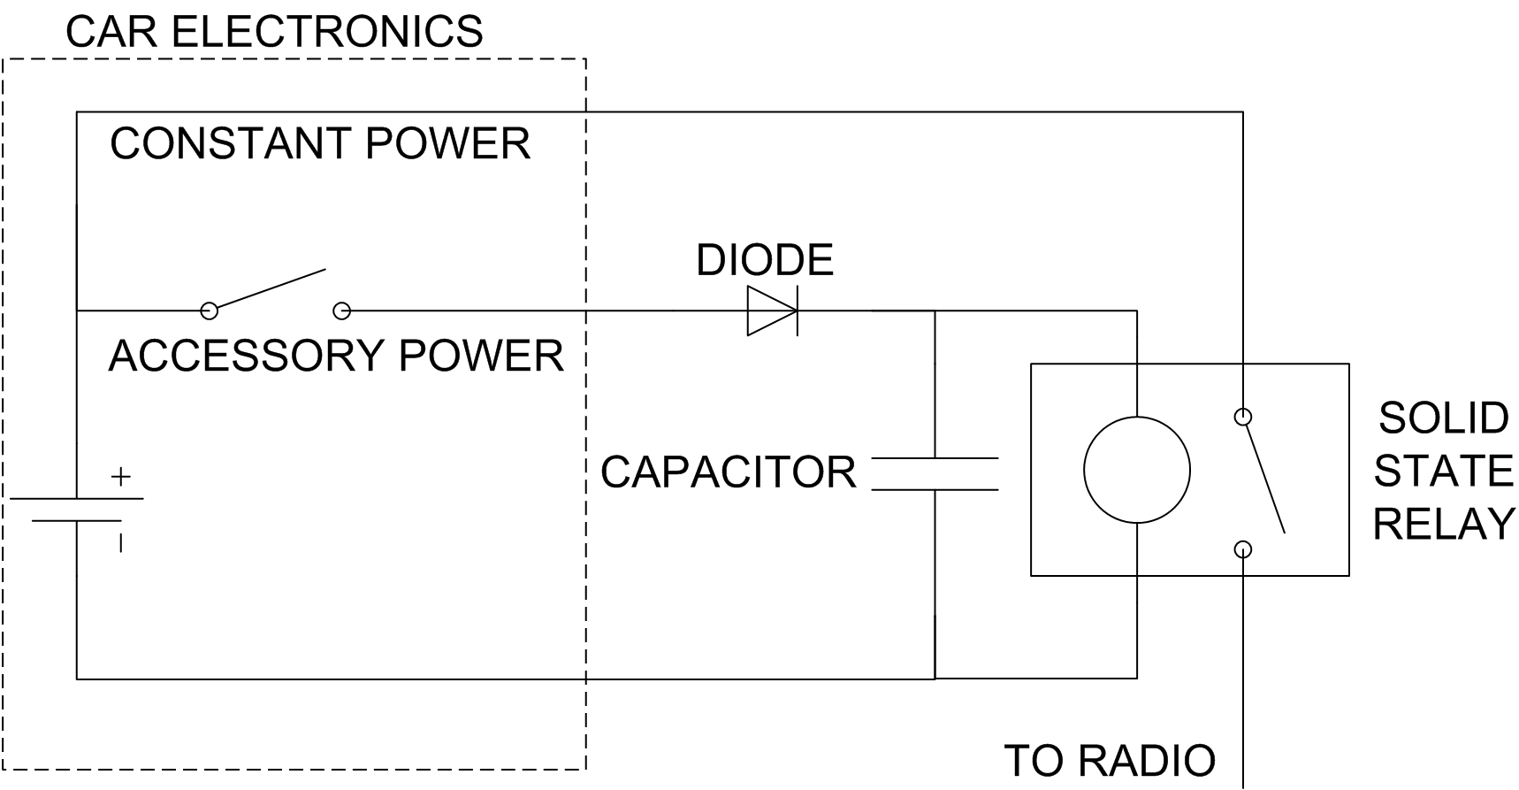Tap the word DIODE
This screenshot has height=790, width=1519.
pos(765,260)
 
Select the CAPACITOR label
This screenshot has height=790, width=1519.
pos(729,472)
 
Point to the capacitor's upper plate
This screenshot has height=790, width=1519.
pos(935,458)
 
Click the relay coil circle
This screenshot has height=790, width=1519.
pos(1136,417)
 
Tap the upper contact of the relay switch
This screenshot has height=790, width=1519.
pos(1242,416)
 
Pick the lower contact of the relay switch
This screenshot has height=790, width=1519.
pos(1242,549)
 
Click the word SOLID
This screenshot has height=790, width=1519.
pos(1443,418)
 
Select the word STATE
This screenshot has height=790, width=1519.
pos(1443,471)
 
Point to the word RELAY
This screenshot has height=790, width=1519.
pos(1444,524)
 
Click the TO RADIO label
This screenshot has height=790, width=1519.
pos(1110,761)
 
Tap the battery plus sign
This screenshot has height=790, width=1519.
pos(121,476)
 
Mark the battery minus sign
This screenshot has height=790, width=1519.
pos(120,542)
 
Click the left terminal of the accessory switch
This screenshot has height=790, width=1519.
pos(210,311)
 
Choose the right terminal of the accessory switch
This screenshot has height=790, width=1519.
pos(342,311)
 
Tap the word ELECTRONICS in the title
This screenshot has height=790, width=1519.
pos(326,32)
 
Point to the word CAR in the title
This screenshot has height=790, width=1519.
pos(111,32)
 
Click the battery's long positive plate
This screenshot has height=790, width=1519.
pos(77,499)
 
